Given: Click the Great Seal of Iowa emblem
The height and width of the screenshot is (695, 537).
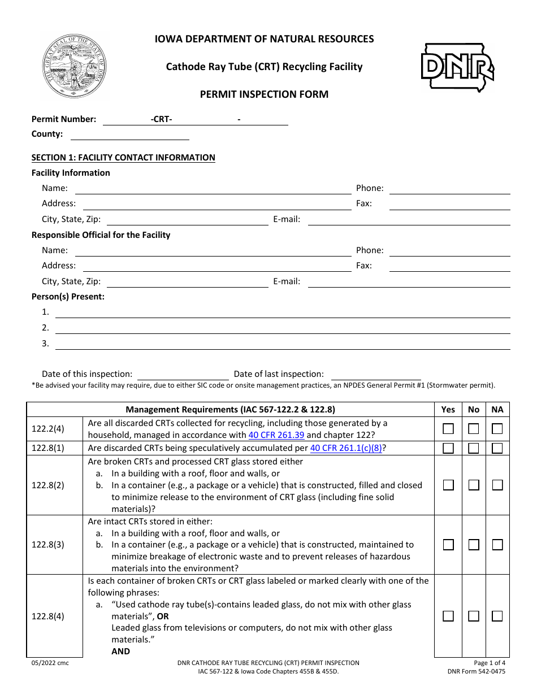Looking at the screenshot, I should click(x=74, y=66).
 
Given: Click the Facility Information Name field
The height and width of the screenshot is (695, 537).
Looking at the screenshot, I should click(x=213, y=189).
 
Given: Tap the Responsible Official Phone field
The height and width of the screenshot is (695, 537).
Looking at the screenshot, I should click(x=450, y=251).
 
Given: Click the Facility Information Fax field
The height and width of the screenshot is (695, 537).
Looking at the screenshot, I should click(x=450, y=204).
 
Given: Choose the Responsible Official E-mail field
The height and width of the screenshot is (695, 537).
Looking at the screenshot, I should click(x=409, y=282).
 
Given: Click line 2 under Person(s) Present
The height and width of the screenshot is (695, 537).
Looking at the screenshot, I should click(x=283, y=328).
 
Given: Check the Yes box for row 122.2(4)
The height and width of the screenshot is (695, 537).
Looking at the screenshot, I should click(x=448, y=429).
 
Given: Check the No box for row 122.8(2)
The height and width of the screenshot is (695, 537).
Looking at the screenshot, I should click(x=474, y=485).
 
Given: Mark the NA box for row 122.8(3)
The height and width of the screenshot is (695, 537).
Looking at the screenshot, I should click(x=497, y=545).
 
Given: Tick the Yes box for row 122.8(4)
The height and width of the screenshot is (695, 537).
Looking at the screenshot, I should click(x=448, y=616).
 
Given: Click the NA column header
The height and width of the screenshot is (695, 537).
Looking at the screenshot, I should click(x=497, y=410).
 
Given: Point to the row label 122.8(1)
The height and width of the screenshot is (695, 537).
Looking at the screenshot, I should click(x=48, y=448).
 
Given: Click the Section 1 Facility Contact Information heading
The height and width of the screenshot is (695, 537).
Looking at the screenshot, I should click(x=123, y=158).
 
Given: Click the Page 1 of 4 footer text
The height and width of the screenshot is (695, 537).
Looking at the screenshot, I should click(x=490, y=663).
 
